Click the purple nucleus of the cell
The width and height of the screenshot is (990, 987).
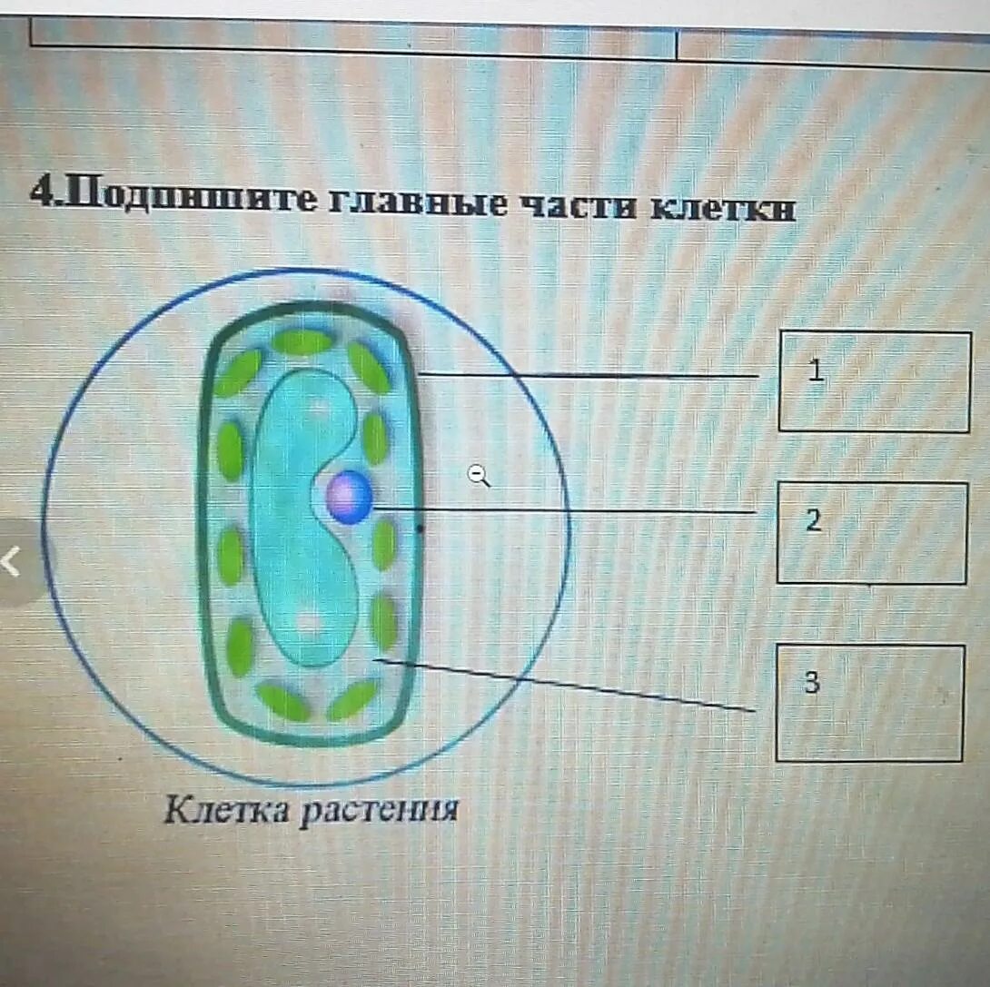pyautogui.click(x=350, y=498)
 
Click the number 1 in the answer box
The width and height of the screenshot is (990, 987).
pyautogui.click(x=817, y=370)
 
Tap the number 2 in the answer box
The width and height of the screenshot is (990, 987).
pyautogui.click(x=813, y=521)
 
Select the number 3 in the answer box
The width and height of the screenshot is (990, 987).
pyautogui.click(x=811, y=683)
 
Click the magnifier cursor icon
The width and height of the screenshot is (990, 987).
pyautogui.click(x=479, y=475)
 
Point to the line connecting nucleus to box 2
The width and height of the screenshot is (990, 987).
pyautogui.click(x=563, y=510)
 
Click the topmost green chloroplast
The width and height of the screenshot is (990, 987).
pyautogui.click(x=302, y=341)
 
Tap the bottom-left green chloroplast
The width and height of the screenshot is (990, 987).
pyautogui.click(x=282, y=700)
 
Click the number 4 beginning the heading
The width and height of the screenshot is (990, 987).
pyautogui.click(x=38, y=191)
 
